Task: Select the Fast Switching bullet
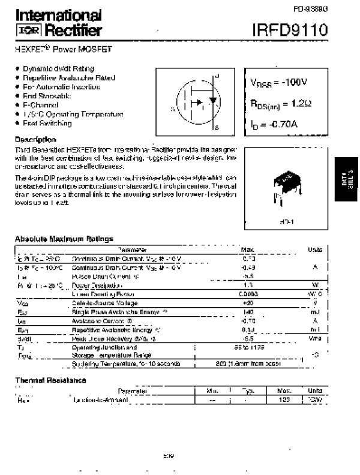47,124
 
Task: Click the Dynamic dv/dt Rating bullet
58,69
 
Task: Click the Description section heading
35,139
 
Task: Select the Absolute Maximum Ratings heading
64,238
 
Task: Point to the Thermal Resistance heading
50,380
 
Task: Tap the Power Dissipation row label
97,285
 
